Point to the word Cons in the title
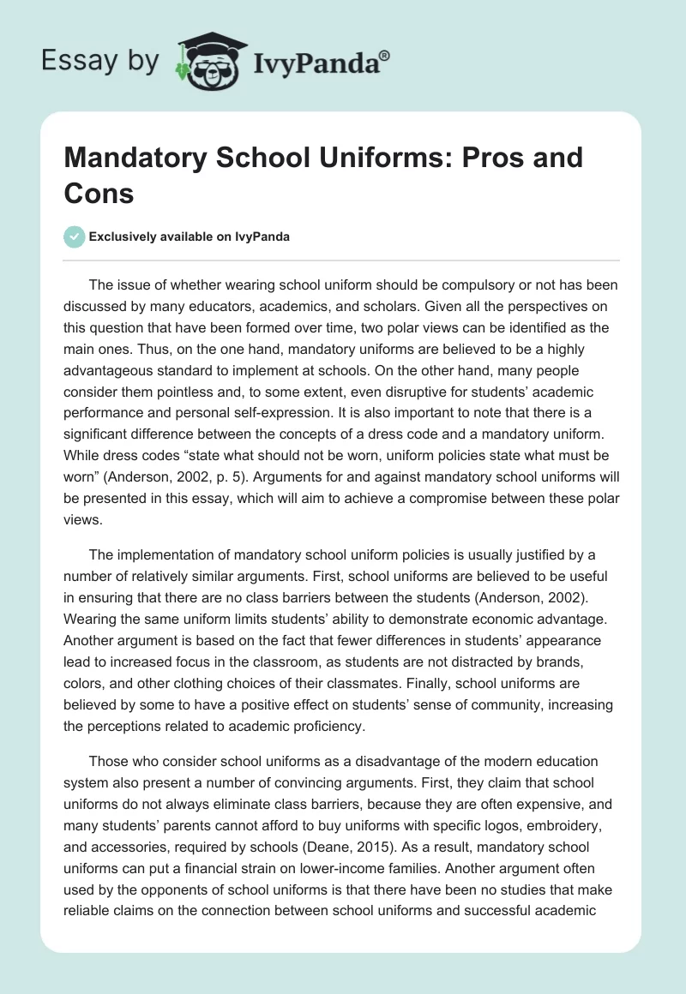coord(99,193)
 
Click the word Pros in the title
coord(477,158)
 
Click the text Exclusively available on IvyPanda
coord(189,237)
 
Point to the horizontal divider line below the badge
coord(343,260)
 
